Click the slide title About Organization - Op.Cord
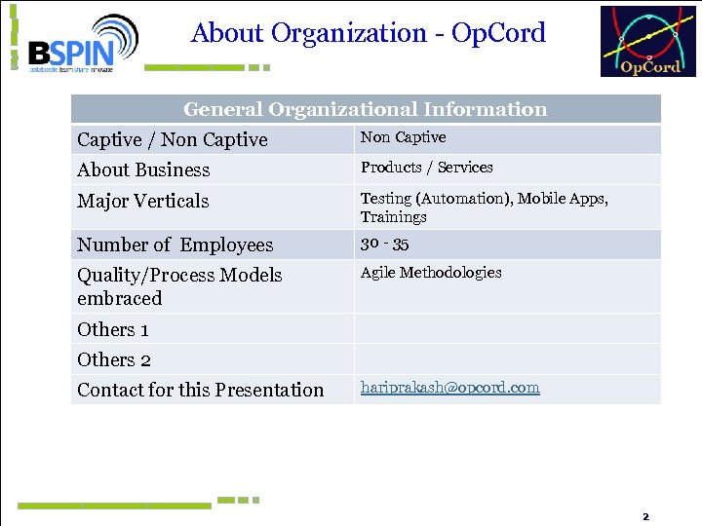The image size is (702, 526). (x=369, y=33)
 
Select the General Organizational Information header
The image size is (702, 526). (x=365, y=109)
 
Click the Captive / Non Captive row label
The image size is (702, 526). (x=172, y=140)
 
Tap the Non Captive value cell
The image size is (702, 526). (x=403, y=137)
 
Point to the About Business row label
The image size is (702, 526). (x=143, y=170)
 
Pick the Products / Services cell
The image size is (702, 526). (x=426, y=168)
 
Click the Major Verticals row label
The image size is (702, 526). (x=142, y=202)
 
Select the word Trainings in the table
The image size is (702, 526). (x=393, y=217)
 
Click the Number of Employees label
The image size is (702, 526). (x=175, y=245)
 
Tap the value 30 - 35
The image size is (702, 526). (x=384, y=244)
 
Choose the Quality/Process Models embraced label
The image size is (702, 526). (x=178, y=286)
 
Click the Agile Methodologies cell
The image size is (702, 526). (x=430, y=273)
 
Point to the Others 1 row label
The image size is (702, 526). (x=113, y=330)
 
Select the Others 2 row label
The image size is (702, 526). (x=113, y=360)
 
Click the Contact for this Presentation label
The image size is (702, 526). (x=200, y=391)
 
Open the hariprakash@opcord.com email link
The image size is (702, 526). (x=449, y=388)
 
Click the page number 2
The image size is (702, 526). (x=644, y=515)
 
